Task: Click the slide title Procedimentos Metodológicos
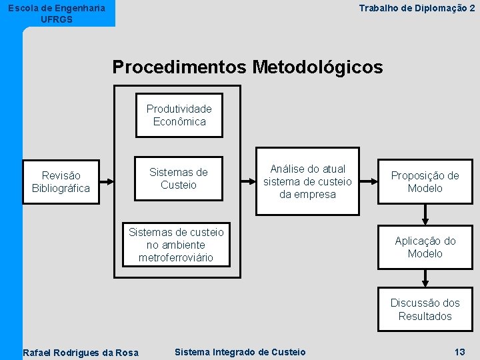coord(247,67)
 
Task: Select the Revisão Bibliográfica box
coord(61,181)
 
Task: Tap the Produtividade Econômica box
coord(179,115)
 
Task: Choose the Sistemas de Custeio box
coord(179,179)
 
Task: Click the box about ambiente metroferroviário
coord(176,244)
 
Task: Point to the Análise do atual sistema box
coord(307,181)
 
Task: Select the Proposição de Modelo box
coord(425,181)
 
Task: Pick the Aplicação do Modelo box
coord(425,247)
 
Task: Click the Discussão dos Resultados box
coord(425,309)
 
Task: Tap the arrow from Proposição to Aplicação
coord(425,215)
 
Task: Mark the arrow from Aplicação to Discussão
coord(425,279)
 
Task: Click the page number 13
coord(459,352)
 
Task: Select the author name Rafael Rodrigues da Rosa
coord(81,353)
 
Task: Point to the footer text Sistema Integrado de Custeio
coord(239,352)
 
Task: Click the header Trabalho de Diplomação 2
coord(417,8)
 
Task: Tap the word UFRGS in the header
coord(57,19)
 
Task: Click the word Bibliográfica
coord(61,188)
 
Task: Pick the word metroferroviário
coord(176,257)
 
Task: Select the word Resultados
coord(425,316)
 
